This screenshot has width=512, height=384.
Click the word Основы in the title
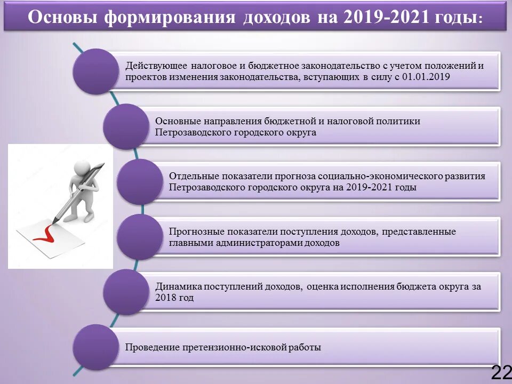click(62, 17)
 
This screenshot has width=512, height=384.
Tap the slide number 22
click(501, 373)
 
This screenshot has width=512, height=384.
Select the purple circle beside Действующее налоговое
click(96, 71)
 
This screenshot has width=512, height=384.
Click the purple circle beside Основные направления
click(126, 126)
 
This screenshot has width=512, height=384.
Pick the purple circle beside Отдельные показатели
click(139, 182)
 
